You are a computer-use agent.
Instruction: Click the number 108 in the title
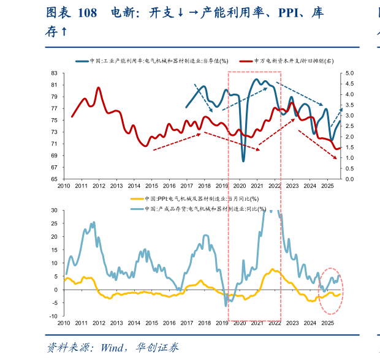coord(88,13)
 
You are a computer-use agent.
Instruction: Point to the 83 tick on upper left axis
coord(53,73)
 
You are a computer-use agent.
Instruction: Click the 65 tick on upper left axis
coord(53,179)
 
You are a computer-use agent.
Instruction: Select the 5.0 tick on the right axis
coord(350,73)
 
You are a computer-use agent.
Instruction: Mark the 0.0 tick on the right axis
coord(350,179)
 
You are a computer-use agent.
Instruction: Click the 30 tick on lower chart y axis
coord(53,210)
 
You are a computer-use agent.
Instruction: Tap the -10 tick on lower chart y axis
coord(52,317)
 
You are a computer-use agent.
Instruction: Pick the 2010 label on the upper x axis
coord(64,186)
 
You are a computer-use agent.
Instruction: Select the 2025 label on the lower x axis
coord(328,323)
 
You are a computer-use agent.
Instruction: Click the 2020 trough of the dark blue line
coord(243,160)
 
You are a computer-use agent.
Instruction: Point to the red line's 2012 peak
coord(98,88)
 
